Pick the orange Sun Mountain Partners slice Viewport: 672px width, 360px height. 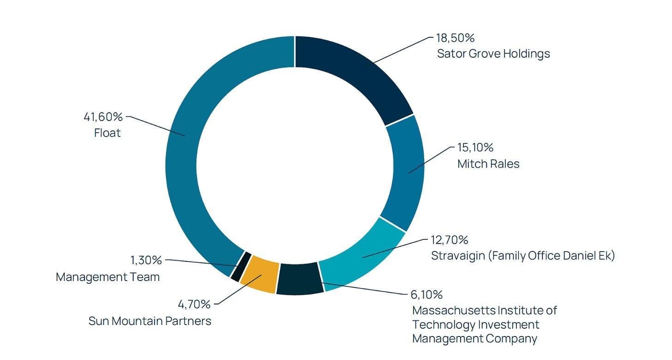pyautogui.click(x=260, y=274)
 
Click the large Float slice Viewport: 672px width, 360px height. pyautogui.click(x=192, y=150)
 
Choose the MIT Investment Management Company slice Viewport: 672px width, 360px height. pyautogui.click(x=300, y=279)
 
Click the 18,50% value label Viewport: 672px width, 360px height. pyautogui.click(x=455, y=38)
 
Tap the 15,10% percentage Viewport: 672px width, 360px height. pyautogui.click(x=475, y=148)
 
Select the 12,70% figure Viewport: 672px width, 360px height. pyautogui.click(x=450, y=240)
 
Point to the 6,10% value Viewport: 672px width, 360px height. pyautogui.click(x=426, y=295)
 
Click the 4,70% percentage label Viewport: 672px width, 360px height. pyautogui.click(x=194, y=305)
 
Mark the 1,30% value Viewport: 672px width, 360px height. pyautogui.click(x=146, y=260)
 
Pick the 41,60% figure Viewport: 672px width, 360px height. pyautogui.click(x=103, y=117)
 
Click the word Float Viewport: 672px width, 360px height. pyautogui.click(x=108, y=133)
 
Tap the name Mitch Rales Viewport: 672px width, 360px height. pyautogui.click(x=488, y=164)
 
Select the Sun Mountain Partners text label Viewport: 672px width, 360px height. pyautogui.click(x=150, y=321)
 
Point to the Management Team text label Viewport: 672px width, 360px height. pyautogui.click(x=108, y=277)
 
